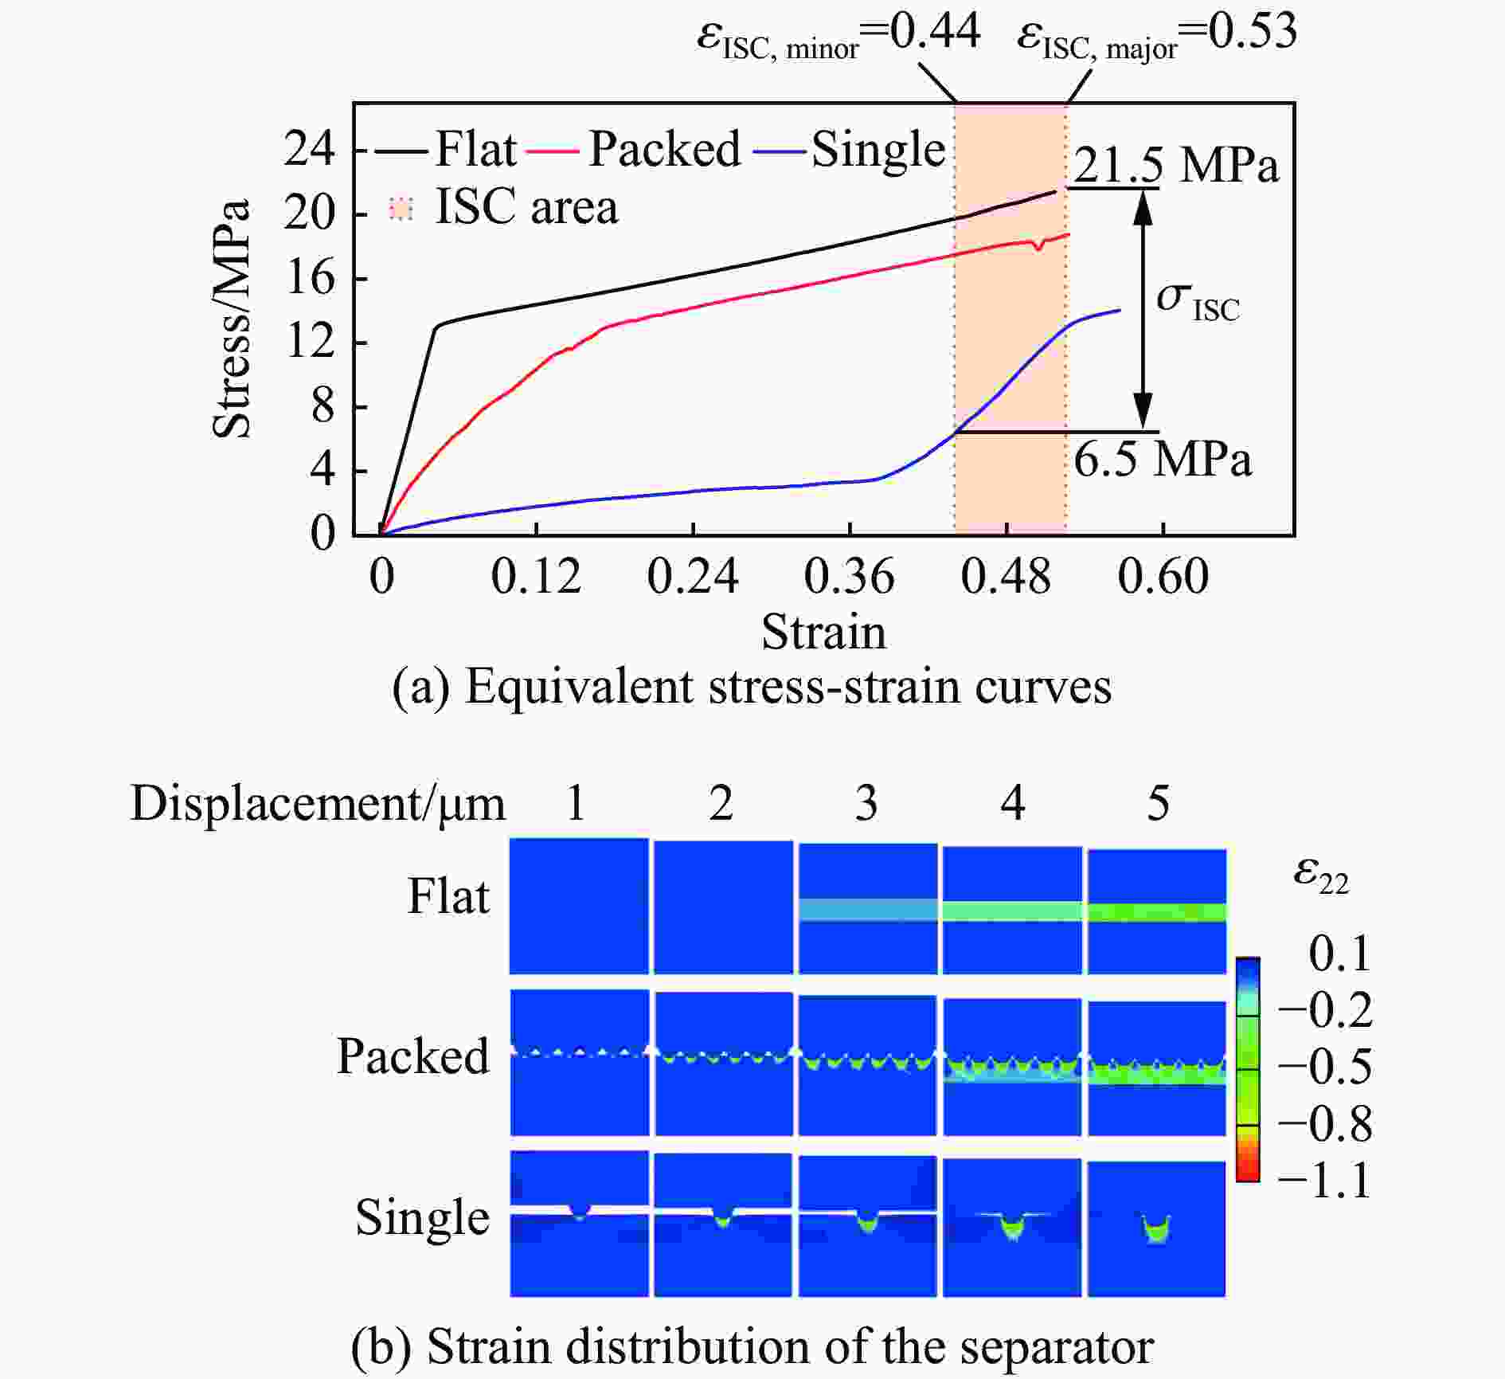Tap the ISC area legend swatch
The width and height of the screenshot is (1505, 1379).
point(401,209)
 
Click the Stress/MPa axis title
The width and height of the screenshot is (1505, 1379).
point(232,319)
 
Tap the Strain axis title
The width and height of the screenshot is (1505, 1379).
point(823,633)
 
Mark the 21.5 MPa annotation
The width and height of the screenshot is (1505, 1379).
point(1176,166)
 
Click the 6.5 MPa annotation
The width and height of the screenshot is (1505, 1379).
point(1162,460)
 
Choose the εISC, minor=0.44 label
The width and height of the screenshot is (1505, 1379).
point(838,36)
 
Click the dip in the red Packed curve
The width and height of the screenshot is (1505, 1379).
point(1038,248)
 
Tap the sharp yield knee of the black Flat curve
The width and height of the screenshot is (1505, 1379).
point(436,325)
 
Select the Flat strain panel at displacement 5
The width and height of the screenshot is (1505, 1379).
point(1157,911)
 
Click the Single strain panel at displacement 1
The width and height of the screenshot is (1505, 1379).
point(579,1224)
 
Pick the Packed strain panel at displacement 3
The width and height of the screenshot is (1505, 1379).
point(867,1065)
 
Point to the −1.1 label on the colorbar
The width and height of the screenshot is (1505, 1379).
point(1324,1181)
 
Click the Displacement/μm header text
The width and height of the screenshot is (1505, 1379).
point(318,804)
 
